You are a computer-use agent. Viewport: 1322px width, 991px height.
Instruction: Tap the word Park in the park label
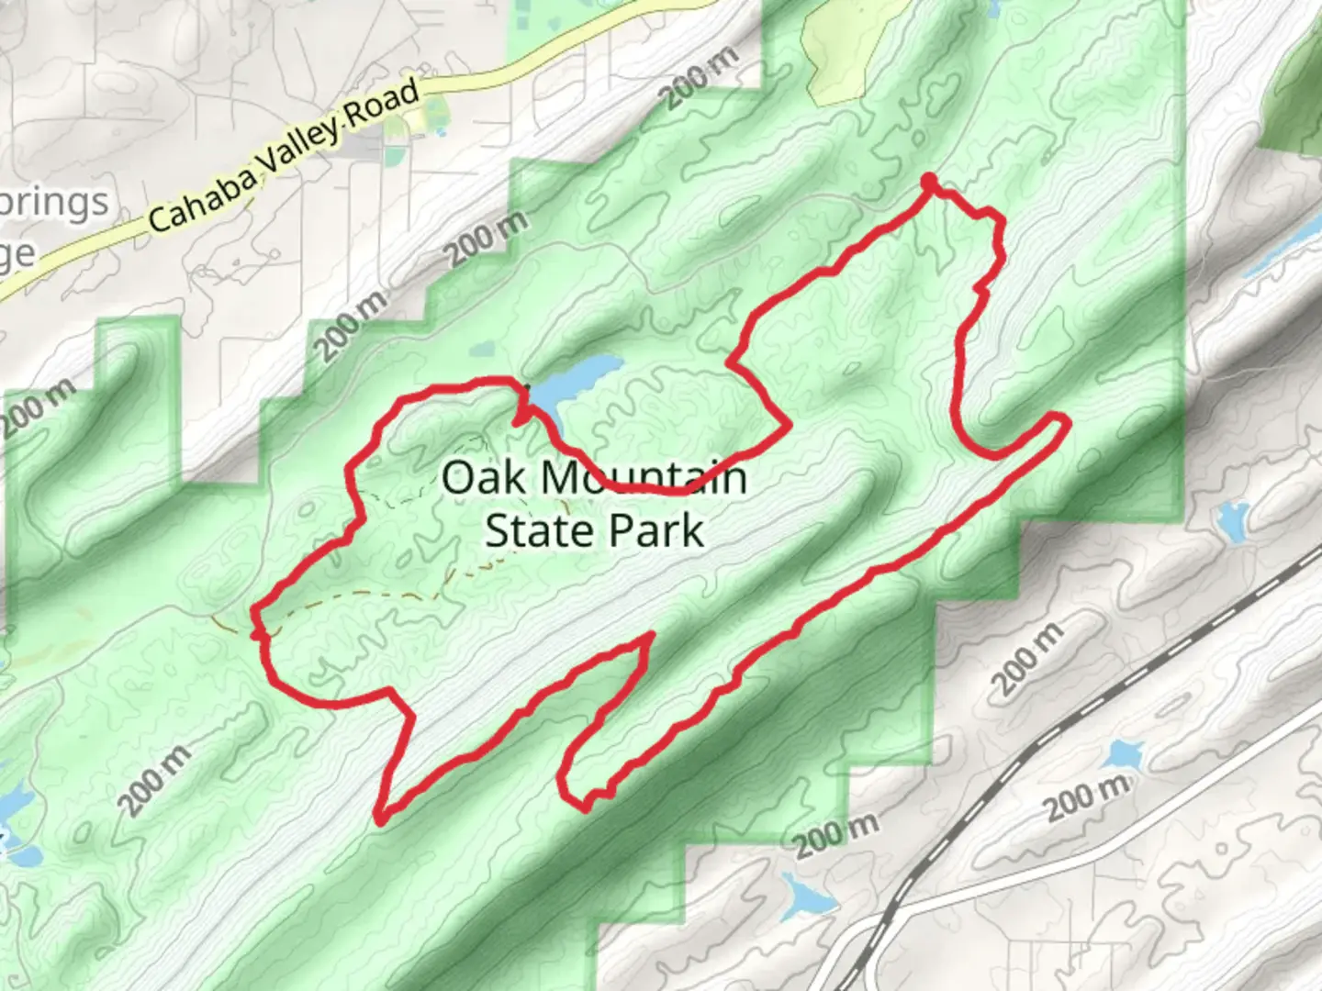coord(658,531)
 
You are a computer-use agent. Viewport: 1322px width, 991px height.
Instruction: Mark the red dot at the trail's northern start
coord(929,180)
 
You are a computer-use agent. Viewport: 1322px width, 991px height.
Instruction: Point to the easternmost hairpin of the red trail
coord(1063,421)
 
